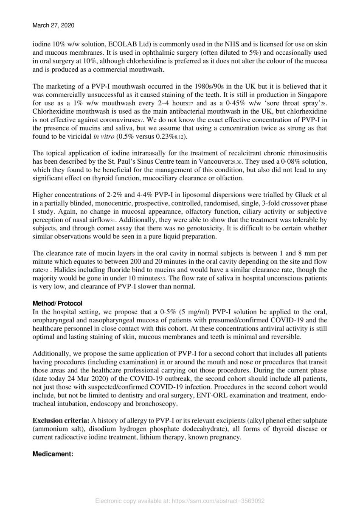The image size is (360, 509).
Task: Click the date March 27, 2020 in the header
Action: (53, 25)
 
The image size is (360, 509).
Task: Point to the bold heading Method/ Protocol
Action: (57, 304)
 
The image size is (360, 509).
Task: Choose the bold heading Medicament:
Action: (53, 453)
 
